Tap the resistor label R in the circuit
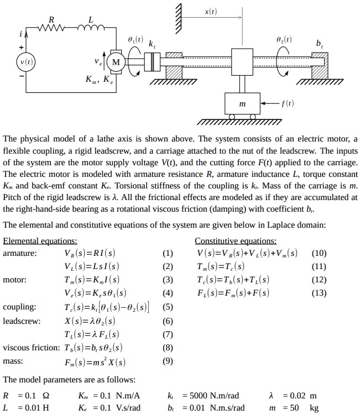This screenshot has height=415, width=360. click(x=53, y=19)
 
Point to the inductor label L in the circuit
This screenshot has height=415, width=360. click(x=91, y=19)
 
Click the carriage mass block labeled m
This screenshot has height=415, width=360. click(x=242, y=104)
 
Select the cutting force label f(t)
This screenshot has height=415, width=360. click(x=286, y=103)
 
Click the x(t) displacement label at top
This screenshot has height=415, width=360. click(x=211, y=10)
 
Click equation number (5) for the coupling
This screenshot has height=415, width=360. click(x=168, y=307)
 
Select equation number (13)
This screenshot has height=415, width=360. click(x=319, y=293)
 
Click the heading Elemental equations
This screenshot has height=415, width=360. click(x=40, y=241)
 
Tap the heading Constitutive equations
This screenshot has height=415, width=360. click(x=235, y=241)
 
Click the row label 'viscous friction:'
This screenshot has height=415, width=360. click(x=31, y=348)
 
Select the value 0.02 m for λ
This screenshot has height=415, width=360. click(x=299, y=396)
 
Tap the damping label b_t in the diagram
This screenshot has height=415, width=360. click(x=320, y=43)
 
